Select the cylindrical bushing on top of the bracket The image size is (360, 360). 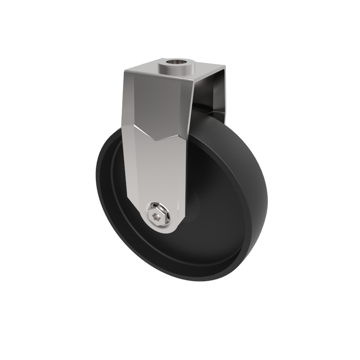point(176,67)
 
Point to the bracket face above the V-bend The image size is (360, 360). point(155,103)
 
